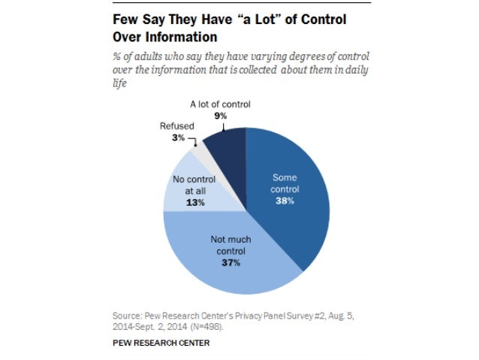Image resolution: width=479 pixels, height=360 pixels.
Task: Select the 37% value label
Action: click(230, 262)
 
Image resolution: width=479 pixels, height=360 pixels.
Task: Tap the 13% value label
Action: click(195, 202)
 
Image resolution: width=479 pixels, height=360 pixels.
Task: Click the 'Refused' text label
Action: click(176, 127)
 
